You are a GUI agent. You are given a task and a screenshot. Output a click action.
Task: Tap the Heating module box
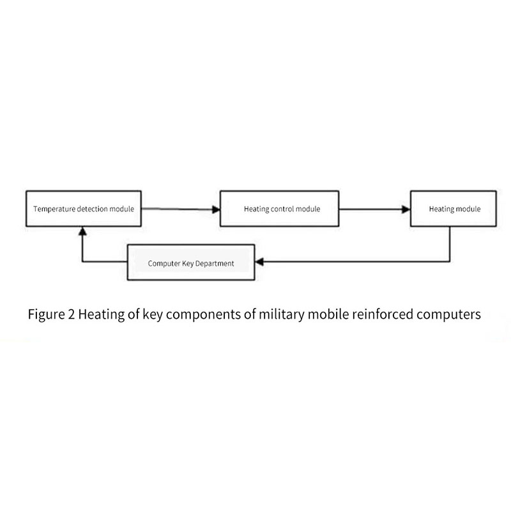point(453,208)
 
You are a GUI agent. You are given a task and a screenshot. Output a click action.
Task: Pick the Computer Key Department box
point(190,262)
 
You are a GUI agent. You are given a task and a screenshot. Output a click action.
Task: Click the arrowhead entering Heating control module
point(215,209)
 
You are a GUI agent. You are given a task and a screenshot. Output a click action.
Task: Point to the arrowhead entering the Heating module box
point(405,209)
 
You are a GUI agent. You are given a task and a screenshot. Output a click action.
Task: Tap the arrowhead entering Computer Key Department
point(259,262)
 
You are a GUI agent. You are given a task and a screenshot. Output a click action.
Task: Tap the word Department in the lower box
point(213,263)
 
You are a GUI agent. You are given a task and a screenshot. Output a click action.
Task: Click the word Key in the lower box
point(185,263)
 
